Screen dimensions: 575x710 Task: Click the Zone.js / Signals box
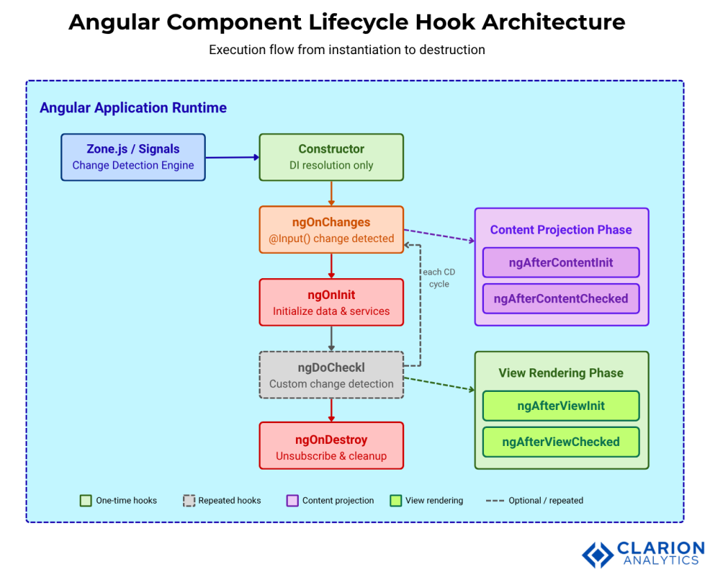pyautogui.click(x=133, y=157)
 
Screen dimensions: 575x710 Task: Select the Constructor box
pyautogui.click(x=331, y=157)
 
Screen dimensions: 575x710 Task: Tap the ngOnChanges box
pyautogui.click(x=331, y=230)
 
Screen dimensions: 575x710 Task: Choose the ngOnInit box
pyautogui.click(x=331, y=302)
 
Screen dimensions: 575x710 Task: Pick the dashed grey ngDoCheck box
pyautogui.click(x=331, y=375)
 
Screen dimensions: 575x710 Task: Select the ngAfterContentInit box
pyautogui.click(x=561, y=263)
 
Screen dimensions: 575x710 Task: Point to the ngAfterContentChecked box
pyautogui.click(x=561, y=299)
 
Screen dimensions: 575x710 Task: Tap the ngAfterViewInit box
pyautogui.click(x=561, y=406)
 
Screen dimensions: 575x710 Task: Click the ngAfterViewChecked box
pyautogui.click(x=561, y=442)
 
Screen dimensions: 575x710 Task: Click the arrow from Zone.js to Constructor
pyautogui.click(x=232, y=157)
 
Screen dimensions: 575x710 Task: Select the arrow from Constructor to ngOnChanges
pyautogui.click(x=331, y=194)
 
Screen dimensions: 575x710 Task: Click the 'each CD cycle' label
pyautogui.click(x=439, y=278)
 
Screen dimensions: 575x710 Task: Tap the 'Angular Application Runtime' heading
pyautogui.click(x=133, y=108)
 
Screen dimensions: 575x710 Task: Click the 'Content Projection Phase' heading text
pyautogui.click(x=561, y=230)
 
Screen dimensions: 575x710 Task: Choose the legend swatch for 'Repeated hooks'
pyautogui.click(x=189, y=500)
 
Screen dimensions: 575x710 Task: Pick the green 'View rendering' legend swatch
pyautogui.click(x=396, y=500)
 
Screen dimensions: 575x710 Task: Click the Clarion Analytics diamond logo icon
pyautogui.click(x=597, y=553)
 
